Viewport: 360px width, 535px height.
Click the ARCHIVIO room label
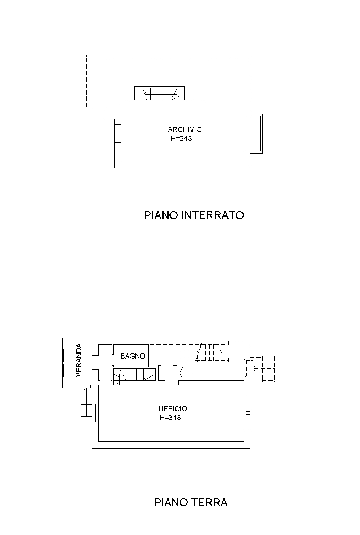[184, 129]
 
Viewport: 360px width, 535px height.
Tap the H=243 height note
[181, 139]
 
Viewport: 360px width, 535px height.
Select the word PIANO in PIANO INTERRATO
[161, 215]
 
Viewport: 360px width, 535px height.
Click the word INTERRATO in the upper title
[213, 215]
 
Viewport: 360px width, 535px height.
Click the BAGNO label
[133, 356]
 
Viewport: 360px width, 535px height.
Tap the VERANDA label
[79, 360]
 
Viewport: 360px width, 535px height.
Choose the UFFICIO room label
[173, 409]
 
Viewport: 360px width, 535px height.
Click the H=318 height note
[170, 418]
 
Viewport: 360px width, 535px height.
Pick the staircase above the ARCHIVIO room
[159, 94]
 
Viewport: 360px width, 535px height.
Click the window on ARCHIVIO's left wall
[117, 133]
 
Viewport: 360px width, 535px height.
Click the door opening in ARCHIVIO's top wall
[177, 106]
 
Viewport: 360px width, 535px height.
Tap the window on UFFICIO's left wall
[95, 413]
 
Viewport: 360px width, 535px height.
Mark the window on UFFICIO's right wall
[248, 413]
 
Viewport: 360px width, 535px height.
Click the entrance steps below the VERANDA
[86, 402]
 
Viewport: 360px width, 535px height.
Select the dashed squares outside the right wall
[263, 368]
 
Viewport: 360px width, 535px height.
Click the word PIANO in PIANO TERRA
[171, 503]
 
